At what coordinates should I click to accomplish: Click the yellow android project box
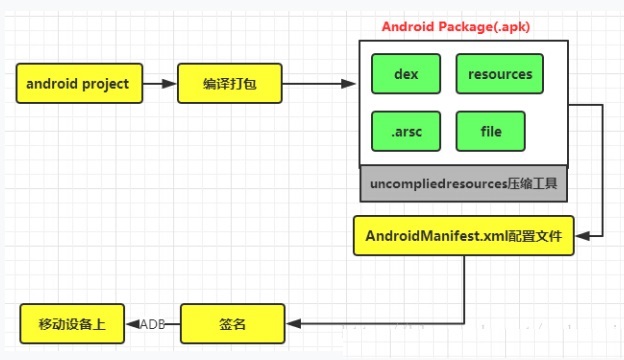click(x=79, y=84)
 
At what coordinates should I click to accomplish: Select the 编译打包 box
click(x=230, y=84)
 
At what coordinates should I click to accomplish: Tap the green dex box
click(x=406, y=74)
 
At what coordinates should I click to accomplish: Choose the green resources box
click(x=499, y=74)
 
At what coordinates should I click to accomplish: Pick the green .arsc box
click(x=406, y=131)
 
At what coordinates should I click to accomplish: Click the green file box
click(x=490, y=131)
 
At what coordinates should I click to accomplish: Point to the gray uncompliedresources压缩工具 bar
click(x=464, y=184)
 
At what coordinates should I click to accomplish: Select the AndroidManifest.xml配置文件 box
click(x=464, y=235)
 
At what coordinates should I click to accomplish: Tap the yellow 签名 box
click(x=232, y=324)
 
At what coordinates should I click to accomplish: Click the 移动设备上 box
click(x=72, y=324)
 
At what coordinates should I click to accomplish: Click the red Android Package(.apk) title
click(x=456, y=27)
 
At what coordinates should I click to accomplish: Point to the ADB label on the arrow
click(x=152, y=324)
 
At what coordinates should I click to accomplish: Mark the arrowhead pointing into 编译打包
click(x=169, y=84)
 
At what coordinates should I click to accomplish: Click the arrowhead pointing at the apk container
click(x=348, y=84)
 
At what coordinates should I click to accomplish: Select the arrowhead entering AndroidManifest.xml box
click(x=583, y=236)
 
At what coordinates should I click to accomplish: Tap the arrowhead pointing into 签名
click(x=294, y=324)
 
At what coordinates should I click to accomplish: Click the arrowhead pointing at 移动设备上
click(x=133, y=324)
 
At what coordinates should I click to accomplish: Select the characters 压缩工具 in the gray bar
click(x=532, y=183)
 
